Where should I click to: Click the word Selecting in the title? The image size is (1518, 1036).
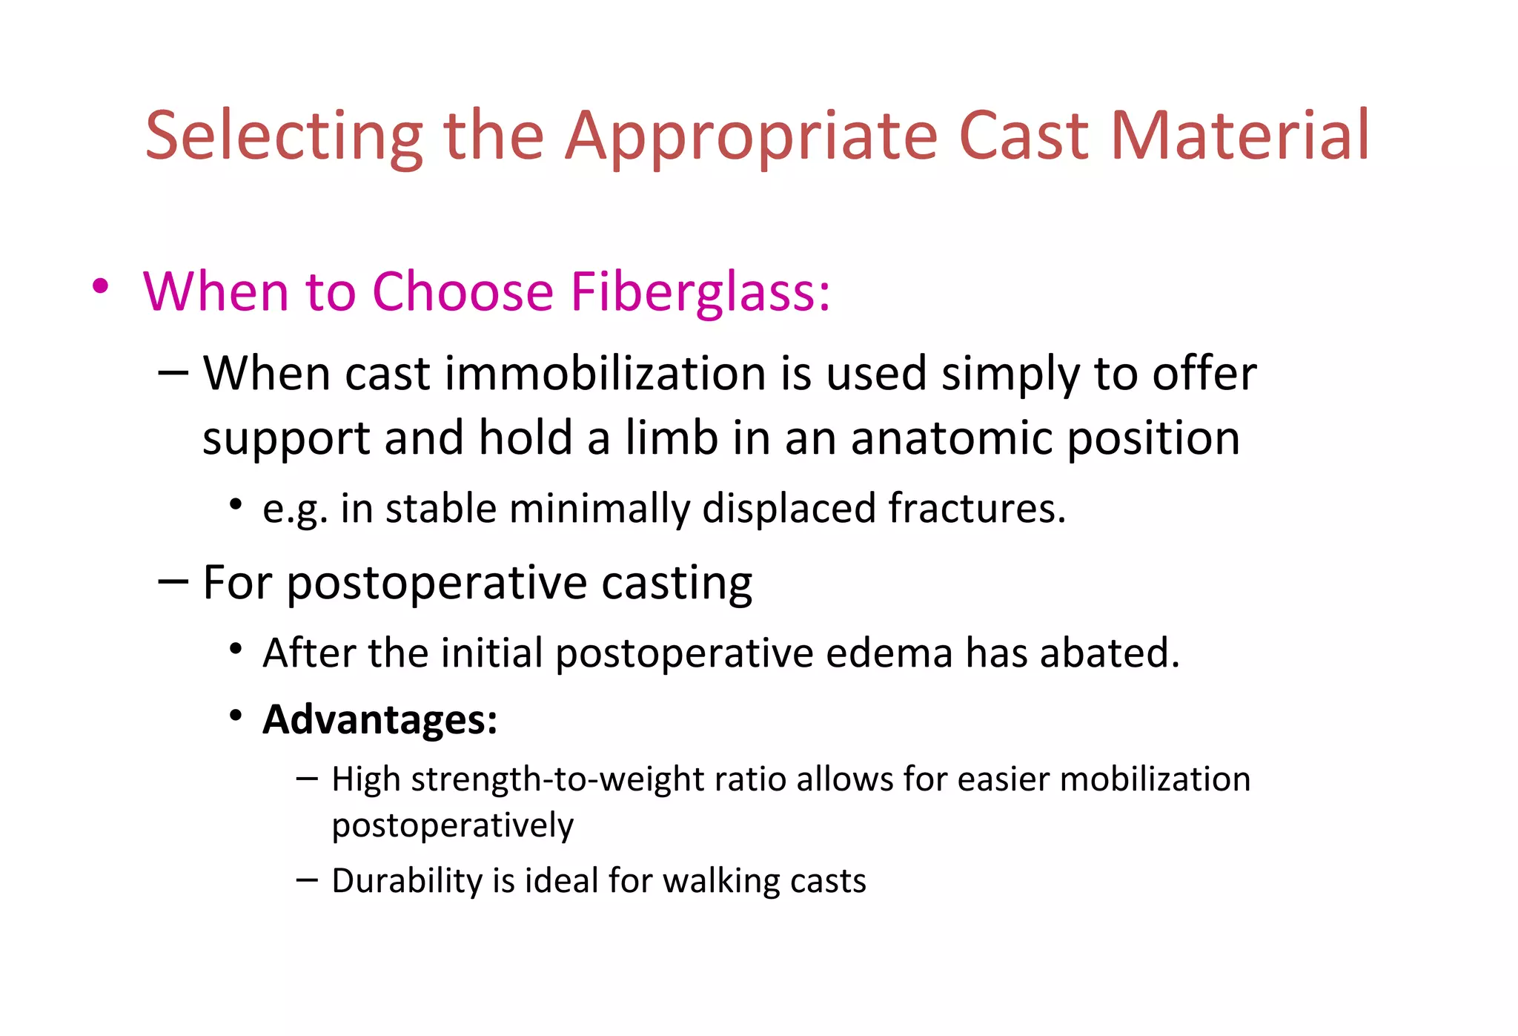(x=284, y=136)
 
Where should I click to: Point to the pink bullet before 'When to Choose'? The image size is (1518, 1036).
(x=101, y=286)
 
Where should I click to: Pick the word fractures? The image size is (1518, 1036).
(x=977, y=509)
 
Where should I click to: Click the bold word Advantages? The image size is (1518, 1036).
(x=379, y=719)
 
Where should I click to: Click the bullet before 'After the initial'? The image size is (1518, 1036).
(x=236, y=650)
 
